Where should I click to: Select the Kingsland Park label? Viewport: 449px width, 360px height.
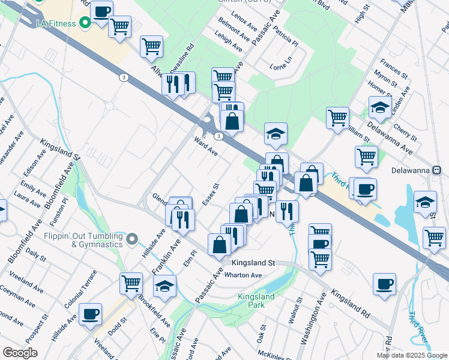256,301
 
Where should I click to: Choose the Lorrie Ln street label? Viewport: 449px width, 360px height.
280,67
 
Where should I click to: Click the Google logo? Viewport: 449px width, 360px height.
20,353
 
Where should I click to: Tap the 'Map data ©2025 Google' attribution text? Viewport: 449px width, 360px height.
411,355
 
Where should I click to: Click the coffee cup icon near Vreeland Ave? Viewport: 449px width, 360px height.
90,314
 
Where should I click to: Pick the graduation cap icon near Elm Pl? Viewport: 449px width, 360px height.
164,288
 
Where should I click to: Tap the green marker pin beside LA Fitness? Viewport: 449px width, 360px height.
85,23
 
